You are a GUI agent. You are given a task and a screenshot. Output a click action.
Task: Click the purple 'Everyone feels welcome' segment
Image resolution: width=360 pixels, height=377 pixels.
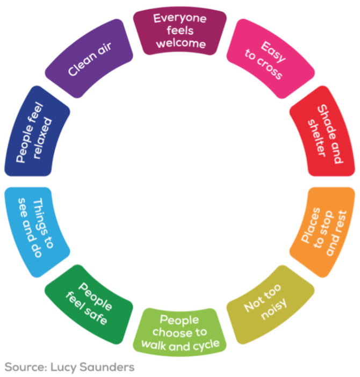click(179, 31)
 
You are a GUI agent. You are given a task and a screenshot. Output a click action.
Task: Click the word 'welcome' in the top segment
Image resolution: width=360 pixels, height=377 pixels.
click(180, 43)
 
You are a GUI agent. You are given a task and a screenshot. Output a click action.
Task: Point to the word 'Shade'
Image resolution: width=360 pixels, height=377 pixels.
click(330, 122)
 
